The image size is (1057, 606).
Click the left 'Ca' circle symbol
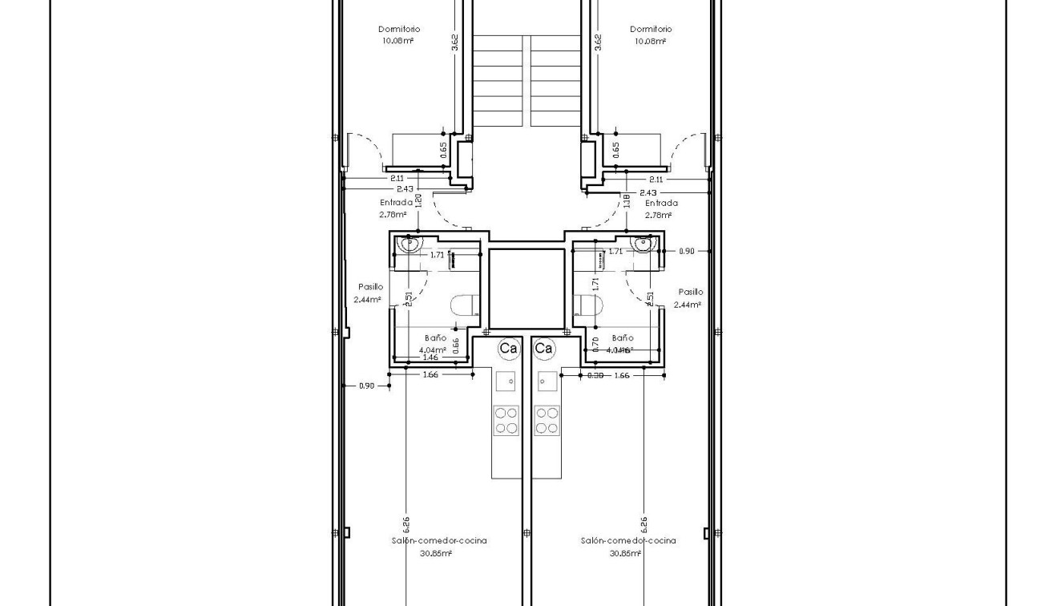pyautogui.click(x=508, y=348)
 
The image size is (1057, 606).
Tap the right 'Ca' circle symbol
pyautogui.click(x=543, y=348)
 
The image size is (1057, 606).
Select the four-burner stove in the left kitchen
pyautogui.click(x=506, y=420)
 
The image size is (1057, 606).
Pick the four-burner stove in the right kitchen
pyautogui.click(x=547, y=420)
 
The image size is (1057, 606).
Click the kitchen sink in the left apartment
pyautogui.click(x=506, y=381)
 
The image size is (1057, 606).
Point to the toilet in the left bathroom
pyautogui.click(x=464, y=305)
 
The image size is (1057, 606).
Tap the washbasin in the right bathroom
pyautogui.click(x=643, y=243)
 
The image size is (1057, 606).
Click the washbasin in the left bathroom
pyautogui.click(x=410, y=243)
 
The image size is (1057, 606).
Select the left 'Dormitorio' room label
pyautogui.click(x=399, y=30)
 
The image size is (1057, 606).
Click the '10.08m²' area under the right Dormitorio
pyautogui.click(x=650, y=41)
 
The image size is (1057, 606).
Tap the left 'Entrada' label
pyautogui.click(x=396, y=203)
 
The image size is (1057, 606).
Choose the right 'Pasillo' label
pyautogui.click(x=690, y=293)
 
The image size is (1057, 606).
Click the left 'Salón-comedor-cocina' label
pyautogui.click(x=439, y=540)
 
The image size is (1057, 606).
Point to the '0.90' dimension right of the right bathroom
pyautogui.click(x=687, y=251)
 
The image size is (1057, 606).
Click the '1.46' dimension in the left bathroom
pyautogui.click(x=430, y=358)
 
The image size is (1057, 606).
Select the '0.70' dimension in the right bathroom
pyautogui.click(x=594, y=344)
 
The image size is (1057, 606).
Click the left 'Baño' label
pyautogui.click(x=436, y=338)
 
